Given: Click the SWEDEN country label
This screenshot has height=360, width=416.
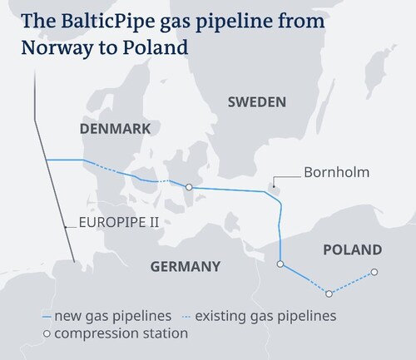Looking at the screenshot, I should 257,102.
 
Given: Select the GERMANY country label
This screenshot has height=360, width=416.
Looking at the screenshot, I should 186,267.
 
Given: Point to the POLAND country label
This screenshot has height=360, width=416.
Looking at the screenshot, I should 352,249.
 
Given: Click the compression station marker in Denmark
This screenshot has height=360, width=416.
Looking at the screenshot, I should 190,188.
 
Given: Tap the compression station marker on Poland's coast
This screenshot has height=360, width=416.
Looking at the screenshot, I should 280,264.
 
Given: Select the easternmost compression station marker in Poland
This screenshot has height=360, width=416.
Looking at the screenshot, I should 374,272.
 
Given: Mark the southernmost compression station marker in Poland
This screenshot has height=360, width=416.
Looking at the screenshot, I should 329,293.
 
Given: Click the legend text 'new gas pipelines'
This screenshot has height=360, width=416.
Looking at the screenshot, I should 113,316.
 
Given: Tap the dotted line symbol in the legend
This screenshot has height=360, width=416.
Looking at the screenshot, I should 187,317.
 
